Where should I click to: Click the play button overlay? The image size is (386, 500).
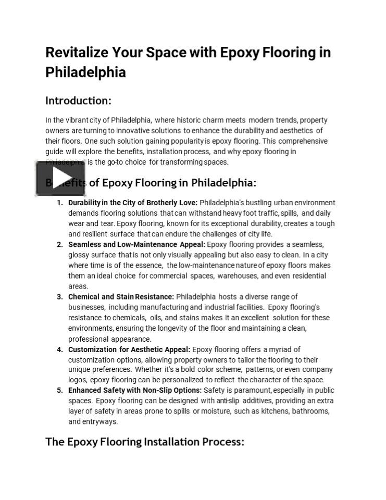pos(60,178)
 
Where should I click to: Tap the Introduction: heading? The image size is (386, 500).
pos(78,100)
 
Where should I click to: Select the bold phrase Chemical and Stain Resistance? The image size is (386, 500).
pos(121,297)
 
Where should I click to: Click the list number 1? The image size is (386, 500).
pos(59,203)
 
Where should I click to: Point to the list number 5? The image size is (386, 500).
pos(59,390)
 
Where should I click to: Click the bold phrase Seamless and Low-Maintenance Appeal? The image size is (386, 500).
pos(137,244)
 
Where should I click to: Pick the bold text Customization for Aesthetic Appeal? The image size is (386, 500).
pos(129,349)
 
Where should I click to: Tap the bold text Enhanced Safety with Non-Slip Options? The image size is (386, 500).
pos(135,390)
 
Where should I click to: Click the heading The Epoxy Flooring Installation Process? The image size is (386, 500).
pos(145,442)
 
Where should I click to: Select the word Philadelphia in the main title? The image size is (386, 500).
pos(85,72)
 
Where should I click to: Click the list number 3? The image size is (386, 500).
pos(59,297)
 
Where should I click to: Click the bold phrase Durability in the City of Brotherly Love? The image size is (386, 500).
pos(133,203)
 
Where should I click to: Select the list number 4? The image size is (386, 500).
pos(59,349)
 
